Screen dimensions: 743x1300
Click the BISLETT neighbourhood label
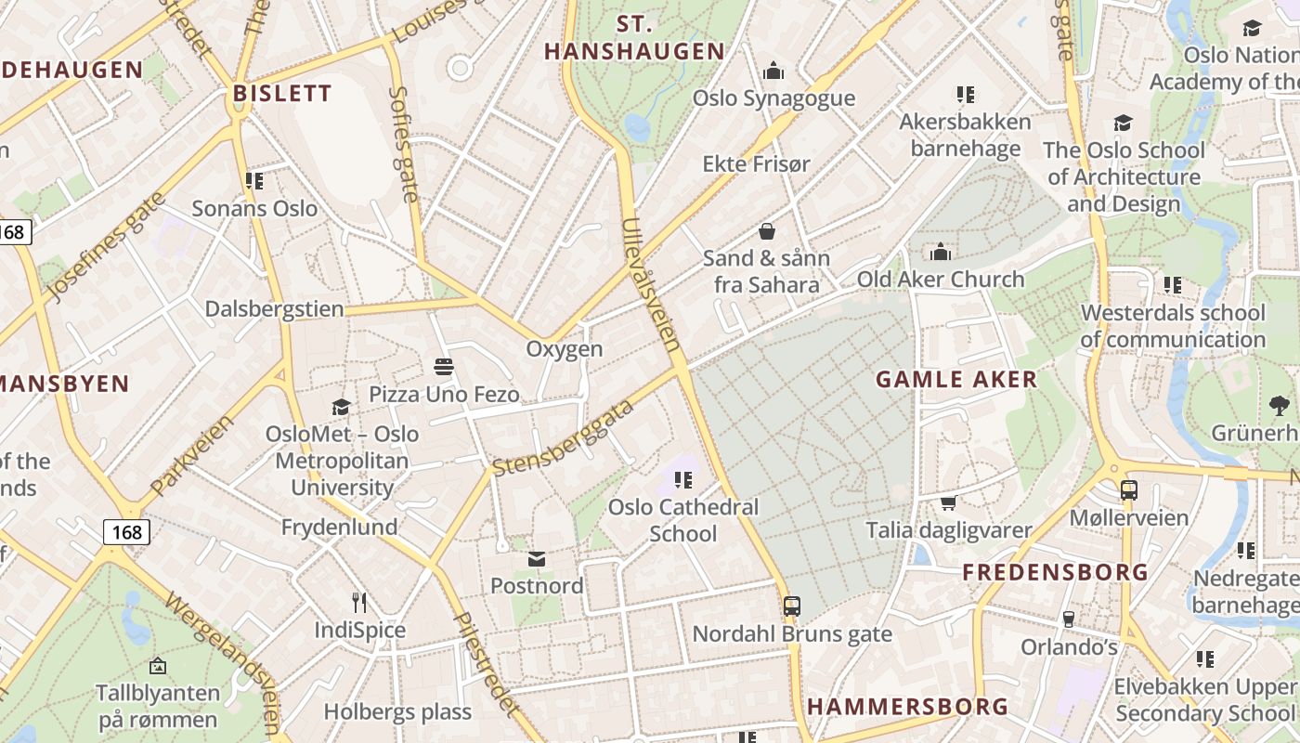pos(282,93)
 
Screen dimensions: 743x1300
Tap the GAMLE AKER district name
pos(956,379)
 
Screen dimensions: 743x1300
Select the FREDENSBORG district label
pos(1055,572)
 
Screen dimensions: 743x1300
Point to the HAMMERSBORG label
pos(907,706)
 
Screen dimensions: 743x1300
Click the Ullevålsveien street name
pos(653,284)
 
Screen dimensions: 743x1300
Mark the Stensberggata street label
pos(563,437)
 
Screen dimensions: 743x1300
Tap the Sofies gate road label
pos(405,144)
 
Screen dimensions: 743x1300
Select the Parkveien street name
pos(192,454)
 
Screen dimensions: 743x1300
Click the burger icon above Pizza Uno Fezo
pos(444,367)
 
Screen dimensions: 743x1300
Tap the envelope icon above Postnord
pos(537,558)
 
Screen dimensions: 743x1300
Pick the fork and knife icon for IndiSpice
pos(360,603)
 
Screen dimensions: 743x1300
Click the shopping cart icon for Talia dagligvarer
pos(948,502)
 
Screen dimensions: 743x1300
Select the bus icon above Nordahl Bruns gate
pos(792,606)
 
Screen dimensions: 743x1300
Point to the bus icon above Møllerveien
pos(1129,489)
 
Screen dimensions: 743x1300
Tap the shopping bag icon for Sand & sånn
pos(767,230)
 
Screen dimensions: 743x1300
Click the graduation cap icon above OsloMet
pos(341,407)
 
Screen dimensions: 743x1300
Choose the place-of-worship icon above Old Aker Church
pos(941,252)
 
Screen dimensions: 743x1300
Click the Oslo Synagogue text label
pos(773,98)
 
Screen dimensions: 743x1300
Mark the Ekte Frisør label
pos(756,163)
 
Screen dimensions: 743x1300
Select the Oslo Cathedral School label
pos(683,520)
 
